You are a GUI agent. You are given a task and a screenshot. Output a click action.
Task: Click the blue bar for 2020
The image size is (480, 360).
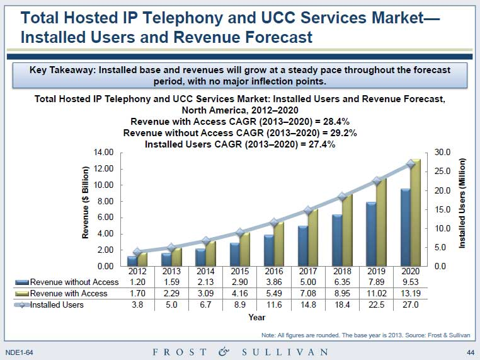[406, 227]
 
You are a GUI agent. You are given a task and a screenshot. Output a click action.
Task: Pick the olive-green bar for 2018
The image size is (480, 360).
[347, 230]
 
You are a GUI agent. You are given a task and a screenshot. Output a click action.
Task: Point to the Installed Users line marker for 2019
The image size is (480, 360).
[377, 181]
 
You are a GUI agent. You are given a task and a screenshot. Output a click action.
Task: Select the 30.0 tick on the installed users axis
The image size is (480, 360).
[443, 153]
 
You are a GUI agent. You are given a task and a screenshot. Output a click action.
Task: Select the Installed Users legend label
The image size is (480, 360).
[57, 305]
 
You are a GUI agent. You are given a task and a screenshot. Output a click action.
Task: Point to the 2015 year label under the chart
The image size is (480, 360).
[239, 271]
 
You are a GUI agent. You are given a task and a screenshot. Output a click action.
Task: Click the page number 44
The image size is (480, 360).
[470, 351]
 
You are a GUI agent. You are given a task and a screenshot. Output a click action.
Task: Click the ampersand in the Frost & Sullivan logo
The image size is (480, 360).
[224, 351]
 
